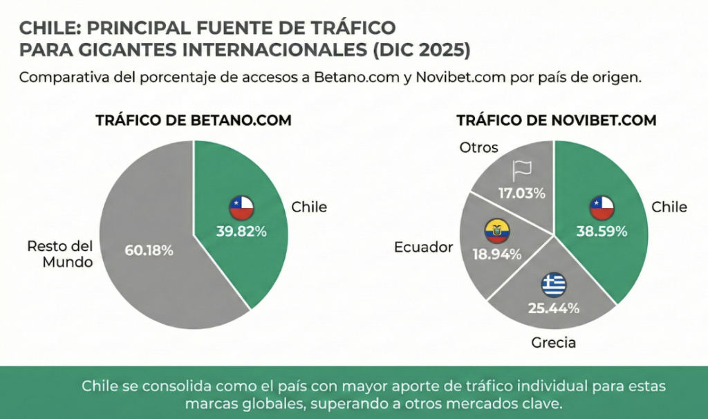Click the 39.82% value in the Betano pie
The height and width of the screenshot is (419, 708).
point(241,232)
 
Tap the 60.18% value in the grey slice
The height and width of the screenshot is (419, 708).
point(149,250)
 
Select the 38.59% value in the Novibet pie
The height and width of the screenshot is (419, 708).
point(602,232)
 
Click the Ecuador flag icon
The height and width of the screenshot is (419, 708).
point(496,230)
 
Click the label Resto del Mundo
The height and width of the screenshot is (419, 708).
point(59,254)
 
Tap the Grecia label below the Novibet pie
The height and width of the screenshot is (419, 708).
point(553,342)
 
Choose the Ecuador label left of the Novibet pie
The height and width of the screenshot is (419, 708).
point(424,247)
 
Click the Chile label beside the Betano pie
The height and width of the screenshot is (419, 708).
point(309,207)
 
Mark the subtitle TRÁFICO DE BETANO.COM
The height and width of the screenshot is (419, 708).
point(193,120)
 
